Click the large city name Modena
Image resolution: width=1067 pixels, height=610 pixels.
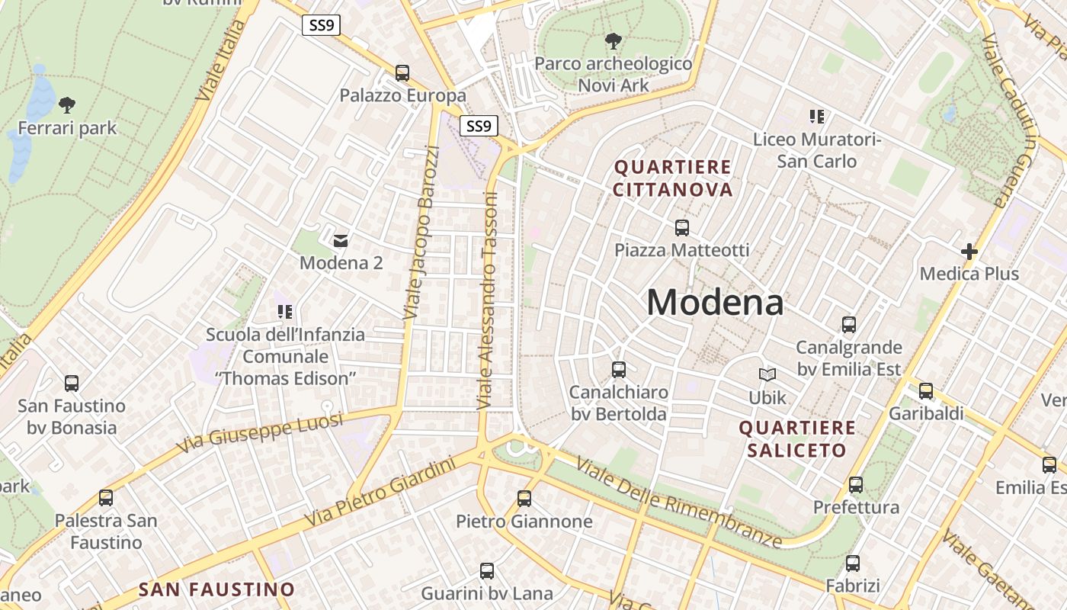(x=715, y=303)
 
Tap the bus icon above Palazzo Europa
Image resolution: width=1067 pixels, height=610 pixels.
(x=402, y=73)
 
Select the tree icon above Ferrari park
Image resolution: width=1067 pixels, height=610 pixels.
(x=67, y=104)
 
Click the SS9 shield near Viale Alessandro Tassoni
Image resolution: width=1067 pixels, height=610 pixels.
(x=479, y=126)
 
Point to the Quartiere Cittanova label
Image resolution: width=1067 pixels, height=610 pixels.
(x=673, y=178)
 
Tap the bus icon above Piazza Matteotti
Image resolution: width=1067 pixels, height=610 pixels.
(x=682, y=227)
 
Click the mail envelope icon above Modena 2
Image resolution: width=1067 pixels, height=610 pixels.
(x=341, y=240)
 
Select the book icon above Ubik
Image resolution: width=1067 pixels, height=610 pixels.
(x=767, y=374)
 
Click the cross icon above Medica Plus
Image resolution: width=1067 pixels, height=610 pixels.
(x=969, y=251)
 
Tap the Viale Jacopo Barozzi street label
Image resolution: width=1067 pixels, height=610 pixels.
(x=421, y=233)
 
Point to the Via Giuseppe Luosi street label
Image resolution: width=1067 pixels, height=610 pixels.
(x=259, y=432)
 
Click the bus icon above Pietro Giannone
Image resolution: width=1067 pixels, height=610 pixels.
(x=524, y=499)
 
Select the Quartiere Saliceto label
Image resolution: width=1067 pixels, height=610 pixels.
(x=797, y=438)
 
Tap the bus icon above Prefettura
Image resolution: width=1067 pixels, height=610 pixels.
(x=856, y=484)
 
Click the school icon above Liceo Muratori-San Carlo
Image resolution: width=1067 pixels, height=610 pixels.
(x=817, y=117)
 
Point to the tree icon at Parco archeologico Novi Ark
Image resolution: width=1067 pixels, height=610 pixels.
(x=613, y=40)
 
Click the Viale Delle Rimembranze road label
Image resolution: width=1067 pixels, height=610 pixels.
(x=678, y=501)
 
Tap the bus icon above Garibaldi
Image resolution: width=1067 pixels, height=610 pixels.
(x=926, y=390)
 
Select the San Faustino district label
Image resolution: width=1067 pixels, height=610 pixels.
(x=216, y=589)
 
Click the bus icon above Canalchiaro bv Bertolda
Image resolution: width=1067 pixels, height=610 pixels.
(x=619, y=369)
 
